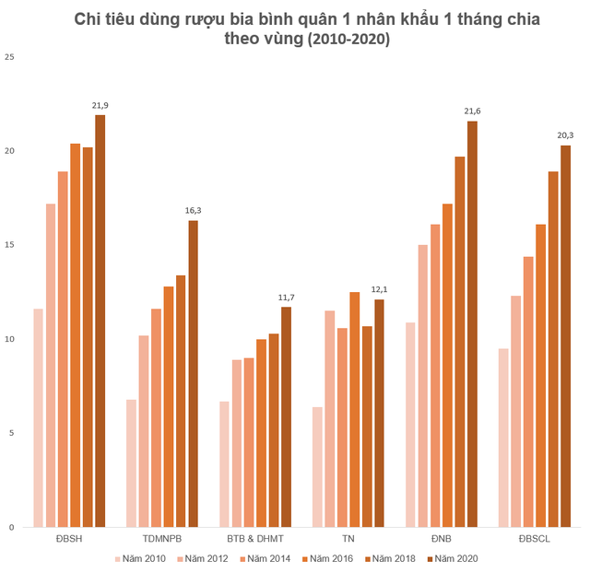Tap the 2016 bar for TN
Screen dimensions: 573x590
click(355, 409)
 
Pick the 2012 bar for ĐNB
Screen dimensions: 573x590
click(423, 386)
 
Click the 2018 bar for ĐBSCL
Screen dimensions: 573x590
click(553, 349)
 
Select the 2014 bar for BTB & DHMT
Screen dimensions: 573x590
click(249, 442)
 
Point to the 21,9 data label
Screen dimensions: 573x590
click(100, 106)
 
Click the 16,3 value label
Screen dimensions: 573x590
click(193, 211)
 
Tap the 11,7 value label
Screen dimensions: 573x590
click(286, 298)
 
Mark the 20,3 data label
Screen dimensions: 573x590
click(565, 136)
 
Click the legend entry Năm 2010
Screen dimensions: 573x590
click(140, 558)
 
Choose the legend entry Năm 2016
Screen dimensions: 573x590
click(326, 558)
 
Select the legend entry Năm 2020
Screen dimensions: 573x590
click(452, 558)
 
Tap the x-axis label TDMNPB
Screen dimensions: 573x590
click(161, 539)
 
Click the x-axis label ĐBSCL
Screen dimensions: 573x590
click(534, 539)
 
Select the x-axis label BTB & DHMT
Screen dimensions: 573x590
click(254, 539)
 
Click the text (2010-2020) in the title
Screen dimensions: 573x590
click(336, 41)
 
